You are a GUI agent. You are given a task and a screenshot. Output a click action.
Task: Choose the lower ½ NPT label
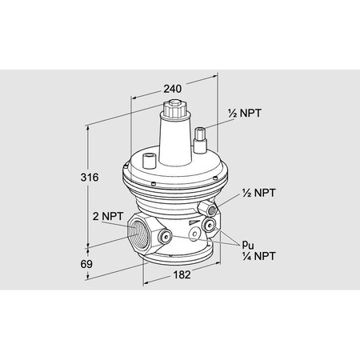click(x=258, y=194)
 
